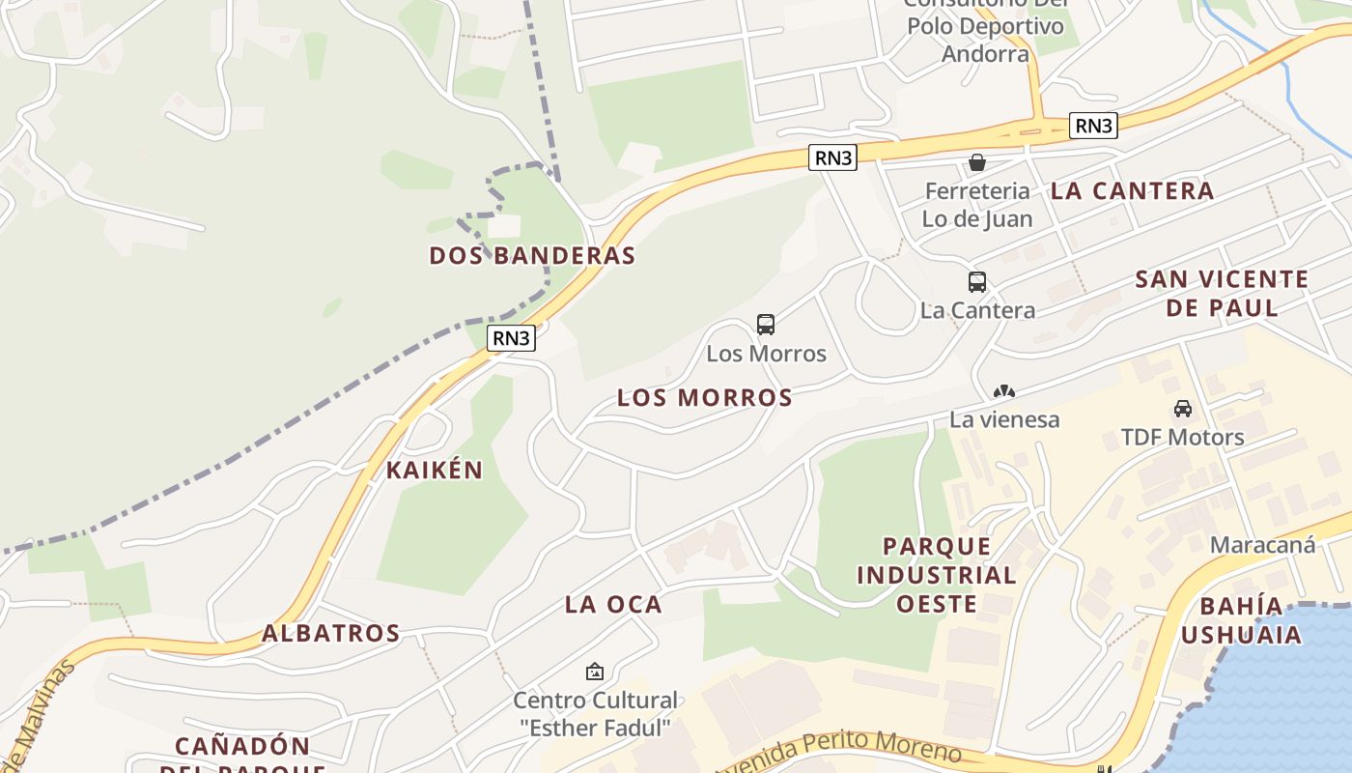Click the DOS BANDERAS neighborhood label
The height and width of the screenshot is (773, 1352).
(x=532, y=256)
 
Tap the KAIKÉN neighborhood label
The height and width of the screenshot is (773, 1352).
(x=435, y=471)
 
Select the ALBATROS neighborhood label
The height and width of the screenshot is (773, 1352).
(x=331, y=634)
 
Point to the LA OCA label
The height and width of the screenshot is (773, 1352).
(x=613, y=605)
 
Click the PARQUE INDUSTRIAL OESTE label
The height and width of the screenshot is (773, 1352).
(x=937, y=575)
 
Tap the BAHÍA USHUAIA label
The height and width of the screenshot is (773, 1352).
(x=1241, y=620)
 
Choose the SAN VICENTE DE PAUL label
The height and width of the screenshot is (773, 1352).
(x=1222, y=294)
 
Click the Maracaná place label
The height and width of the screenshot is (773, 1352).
(x=1262, y=545)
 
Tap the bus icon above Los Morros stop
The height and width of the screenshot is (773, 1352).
(x=766, y=325)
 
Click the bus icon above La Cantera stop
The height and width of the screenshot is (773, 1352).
(x=977, y=282)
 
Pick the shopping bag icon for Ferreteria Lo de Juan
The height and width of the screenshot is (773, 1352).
(x=977, y=162)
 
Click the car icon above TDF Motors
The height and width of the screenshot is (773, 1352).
(x=1183, y=409)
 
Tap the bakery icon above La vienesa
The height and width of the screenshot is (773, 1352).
(x=1004, y=392)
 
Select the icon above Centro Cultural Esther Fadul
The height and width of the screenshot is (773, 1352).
(x=595, y=671)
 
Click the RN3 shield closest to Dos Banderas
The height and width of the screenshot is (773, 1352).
(x=512, y=338)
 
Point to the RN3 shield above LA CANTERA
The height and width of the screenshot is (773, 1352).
(x=1093, y=126)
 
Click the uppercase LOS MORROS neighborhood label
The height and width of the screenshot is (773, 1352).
(x=705, y=397)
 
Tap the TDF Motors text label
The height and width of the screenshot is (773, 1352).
(x=1183, y=438)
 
